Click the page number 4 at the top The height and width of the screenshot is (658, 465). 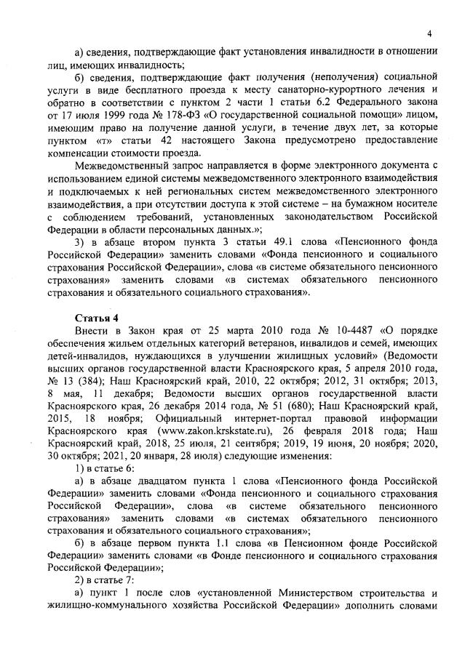coord(429,33)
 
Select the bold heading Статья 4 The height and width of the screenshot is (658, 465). coord(95,318)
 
